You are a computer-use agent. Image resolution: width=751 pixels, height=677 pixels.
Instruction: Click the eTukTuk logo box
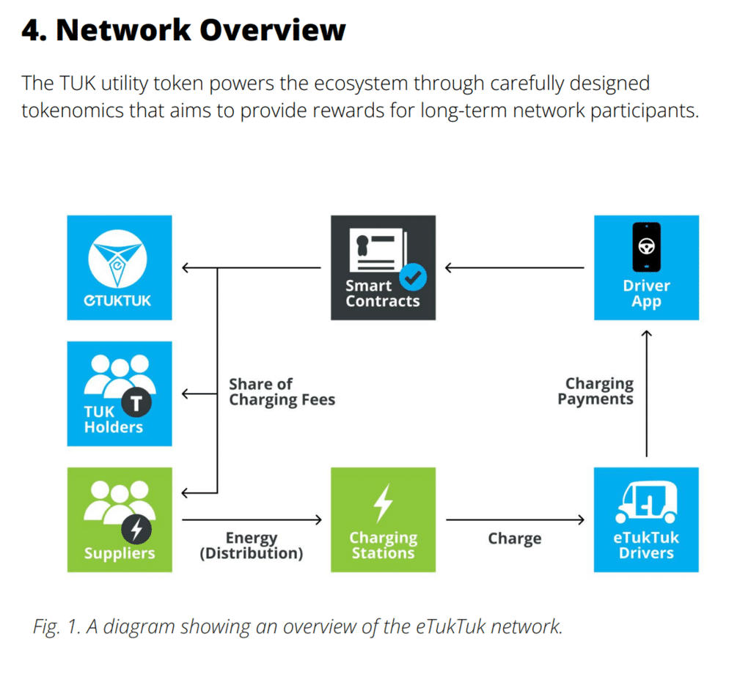point(120,267)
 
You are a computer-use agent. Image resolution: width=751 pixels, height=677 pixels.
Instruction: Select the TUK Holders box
point(120,393)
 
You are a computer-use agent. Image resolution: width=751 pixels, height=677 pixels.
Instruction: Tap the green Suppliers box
point(120,519)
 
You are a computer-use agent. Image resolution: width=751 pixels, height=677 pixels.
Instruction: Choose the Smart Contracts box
point(383,267)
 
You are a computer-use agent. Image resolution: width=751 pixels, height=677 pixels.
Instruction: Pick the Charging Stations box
point(383,519)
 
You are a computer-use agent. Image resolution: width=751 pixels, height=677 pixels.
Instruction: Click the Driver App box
point(647,267)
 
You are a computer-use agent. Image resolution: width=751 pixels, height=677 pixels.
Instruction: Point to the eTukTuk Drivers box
point(647,519)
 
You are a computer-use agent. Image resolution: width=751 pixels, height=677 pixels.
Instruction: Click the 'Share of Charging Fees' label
point(282,392)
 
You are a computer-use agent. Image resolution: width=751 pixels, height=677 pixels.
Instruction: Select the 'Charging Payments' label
point(596,391)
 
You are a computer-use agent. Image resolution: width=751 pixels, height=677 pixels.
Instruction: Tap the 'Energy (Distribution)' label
point(252,545)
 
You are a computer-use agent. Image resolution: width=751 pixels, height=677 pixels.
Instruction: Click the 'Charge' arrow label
point(515,539)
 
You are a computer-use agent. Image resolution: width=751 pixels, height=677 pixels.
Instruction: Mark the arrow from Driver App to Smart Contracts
point(515,268)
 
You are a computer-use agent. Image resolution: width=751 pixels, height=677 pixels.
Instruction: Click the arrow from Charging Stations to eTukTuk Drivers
point(516,519)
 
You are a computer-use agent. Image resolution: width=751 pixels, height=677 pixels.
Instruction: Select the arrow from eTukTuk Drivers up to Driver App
point(647,393)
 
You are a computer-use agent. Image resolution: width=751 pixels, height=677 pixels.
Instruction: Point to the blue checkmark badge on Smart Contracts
point(413,277)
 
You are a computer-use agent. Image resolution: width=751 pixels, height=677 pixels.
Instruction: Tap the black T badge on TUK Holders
point(136,403)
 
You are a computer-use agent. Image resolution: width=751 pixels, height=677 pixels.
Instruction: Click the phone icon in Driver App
point(647,247)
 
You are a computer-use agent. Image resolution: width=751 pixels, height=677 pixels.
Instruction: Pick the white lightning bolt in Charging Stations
point(383,503)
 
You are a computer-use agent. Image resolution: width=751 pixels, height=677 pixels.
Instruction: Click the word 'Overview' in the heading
point(273,30)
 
